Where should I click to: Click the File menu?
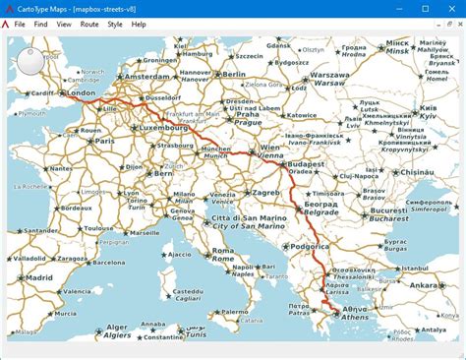click(19, 24)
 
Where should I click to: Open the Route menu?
click(88, 24)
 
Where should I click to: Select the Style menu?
click(114, 24)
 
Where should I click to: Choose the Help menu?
click(139, 24)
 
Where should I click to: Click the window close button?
click(450, 8)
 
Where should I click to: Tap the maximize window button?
click(425, 8)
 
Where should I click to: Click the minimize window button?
click(399, 8)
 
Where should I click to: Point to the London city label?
click(81, 93)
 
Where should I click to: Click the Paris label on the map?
click(104, 141)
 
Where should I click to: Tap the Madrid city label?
click(39, 278)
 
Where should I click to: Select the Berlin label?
click(233, 74)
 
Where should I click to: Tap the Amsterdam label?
click(148, 76)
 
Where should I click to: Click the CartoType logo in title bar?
click(8, 8)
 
